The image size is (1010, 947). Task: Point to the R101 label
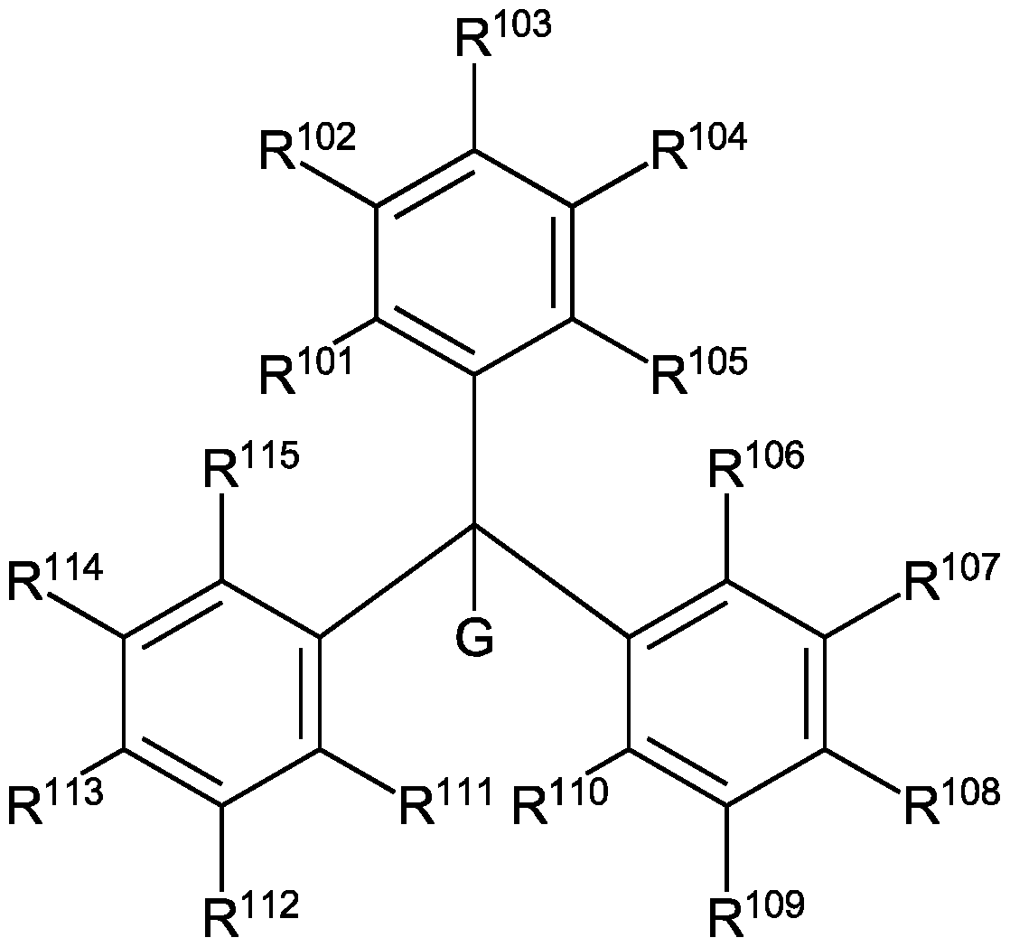306,370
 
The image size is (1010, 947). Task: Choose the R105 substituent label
698,370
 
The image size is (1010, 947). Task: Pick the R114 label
55,579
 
